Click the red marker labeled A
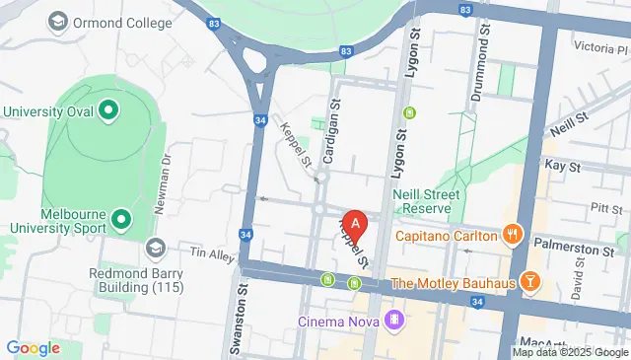[355, 223]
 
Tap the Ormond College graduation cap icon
[58, 21]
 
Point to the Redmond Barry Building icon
[155, 246]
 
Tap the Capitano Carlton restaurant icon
[512, 236]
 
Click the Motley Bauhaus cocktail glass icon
[530, 283]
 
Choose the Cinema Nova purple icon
[394, 320]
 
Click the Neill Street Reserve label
[426, 202]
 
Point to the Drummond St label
[485, 55]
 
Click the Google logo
[33, 348]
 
